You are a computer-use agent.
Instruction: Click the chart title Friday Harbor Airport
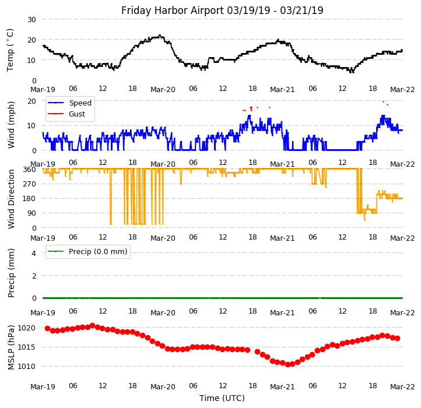[222, 10]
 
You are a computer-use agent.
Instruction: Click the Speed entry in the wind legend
[80, 103]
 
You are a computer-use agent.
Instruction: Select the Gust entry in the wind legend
[77, 114]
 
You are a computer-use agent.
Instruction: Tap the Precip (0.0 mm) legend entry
[93, 252]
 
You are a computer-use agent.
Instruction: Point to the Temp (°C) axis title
[10, 50]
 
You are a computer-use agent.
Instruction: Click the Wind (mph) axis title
[11, 124]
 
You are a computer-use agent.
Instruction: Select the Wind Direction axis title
[11, 198]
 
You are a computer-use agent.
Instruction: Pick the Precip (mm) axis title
[11, 273]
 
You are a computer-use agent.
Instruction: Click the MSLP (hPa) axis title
[11, 347]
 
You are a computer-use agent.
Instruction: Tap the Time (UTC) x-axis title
[222, 398]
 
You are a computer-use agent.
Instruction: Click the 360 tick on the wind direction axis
[29, 169]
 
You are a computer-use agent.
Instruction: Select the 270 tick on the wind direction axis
[29, 184]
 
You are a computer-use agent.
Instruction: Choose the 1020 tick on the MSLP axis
[27, 328]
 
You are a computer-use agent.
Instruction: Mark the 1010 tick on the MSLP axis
[27, 366]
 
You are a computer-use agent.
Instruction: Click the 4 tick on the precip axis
[34, 253]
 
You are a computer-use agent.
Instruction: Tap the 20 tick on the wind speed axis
[31, 101]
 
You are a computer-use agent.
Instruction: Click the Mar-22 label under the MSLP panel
[402, 386]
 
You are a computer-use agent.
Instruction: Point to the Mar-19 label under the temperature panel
[43, 90]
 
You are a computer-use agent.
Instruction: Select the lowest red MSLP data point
[287, 364]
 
